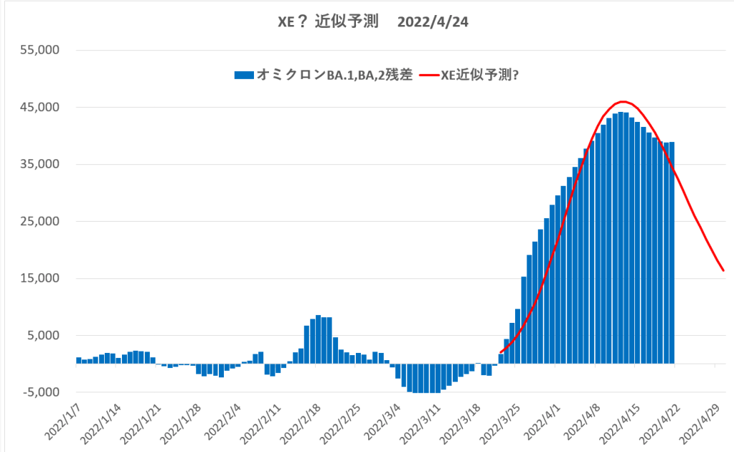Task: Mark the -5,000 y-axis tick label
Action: [39, 392]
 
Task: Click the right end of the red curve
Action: [723, 270]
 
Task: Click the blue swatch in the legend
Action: [243, 75]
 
